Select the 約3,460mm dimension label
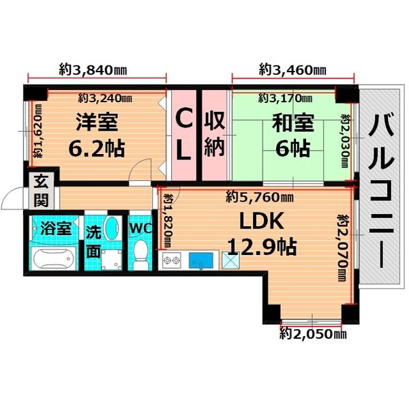click(292, 69)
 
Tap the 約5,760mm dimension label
click(260, 198)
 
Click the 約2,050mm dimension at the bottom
click(313, 333)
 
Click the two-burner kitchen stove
click(170, 260)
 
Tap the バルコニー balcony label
click(380, 192)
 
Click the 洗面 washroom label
click(93, 240)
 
